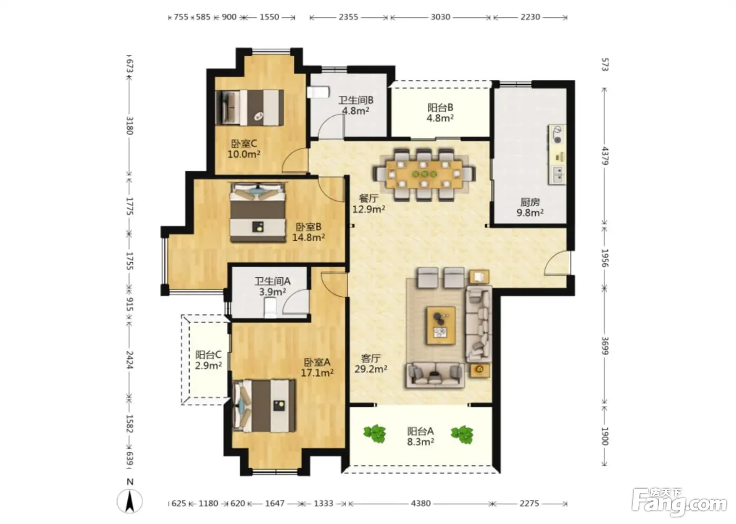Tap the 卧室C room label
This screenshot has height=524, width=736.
244,144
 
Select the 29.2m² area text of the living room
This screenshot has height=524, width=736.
371,369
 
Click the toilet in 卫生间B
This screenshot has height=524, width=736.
318,92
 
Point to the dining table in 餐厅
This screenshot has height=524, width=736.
424,174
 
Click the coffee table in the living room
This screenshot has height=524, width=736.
441,326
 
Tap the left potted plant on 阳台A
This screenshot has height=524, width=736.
374,434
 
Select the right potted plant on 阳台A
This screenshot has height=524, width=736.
462,434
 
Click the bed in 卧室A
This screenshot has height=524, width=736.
264,406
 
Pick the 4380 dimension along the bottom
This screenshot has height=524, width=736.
421,503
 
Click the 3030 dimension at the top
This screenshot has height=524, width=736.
441,17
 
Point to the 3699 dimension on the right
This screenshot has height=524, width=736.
605,346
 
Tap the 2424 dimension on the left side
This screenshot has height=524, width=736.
130,360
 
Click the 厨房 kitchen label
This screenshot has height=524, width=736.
530,202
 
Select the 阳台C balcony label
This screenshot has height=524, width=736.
208,355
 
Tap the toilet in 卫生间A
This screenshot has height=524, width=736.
271,308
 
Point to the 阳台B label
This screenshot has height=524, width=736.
441,107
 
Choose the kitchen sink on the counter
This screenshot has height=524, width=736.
557,174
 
